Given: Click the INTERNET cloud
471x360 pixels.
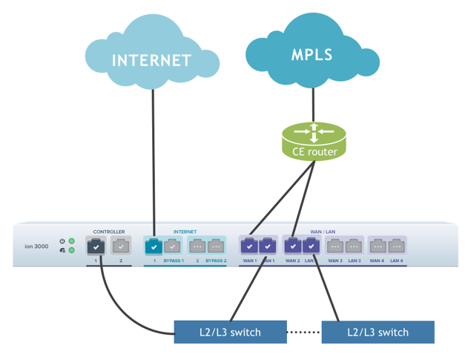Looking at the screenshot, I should (x=152, y=59).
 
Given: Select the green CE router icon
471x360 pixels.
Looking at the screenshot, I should (x=314, y=141).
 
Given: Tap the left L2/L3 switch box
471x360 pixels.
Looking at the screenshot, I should (x=230, y=332).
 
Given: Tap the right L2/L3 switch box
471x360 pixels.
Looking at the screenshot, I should (x=378, y=332).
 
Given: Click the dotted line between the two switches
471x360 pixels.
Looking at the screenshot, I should (x=304, y=332).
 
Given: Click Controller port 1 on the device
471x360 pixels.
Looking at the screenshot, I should (x=96, y=245).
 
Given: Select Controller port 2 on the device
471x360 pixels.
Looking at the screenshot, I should (x=121, y=245).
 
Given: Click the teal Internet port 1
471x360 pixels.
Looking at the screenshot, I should (x=154, y=245).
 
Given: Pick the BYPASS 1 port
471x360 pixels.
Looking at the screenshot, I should (x=173, y=245).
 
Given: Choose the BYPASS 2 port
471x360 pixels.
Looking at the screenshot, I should (x=216, y=245).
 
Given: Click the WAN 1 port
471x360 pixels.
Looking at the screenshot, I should (x=249, y=245).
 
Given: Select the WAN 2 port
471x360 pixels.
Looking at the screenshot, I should (x=293, y=245).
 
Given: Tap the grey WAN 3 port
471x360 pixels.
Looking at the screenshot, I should (x=335, y=245).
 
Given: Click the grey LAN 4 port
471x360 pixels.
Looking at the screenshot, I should (x=396, y=245).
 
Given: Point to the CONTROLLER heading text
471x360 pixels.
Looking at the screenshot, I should (x=108, y=232).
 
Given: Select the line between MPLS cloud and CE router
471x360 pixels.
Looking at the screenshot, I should (x=314, y=104).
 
